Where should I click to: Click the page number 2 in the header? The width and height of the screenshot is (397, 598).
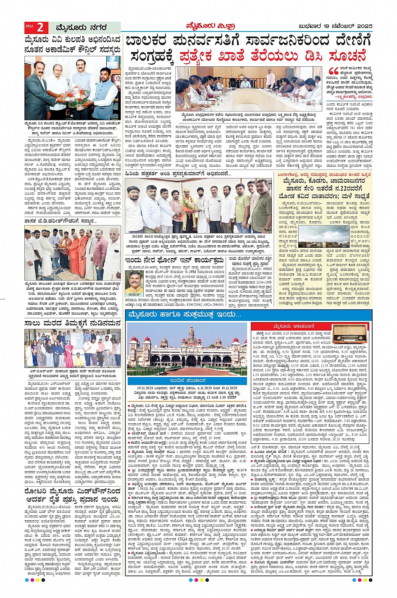[40, 27]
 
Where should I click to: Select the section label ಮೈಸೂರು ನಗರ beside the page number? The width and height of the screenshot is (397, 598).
[81, 28]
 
